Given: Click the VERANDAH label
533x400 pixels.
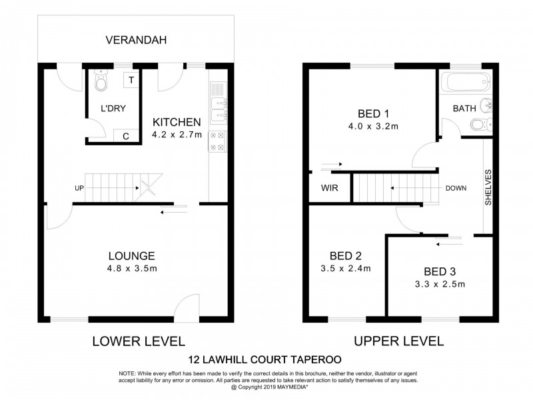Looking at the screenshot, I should [136, 41].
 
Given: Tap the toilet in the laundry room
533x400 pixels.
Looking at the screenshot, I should [101, 83].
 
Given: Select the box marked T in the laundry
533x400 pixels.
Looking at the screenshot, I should [131, 80].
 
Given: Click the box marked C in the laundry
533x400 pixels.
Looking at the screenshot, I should [125, 137].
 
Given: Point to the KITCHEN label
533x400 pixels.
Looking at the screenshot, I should [177, 122].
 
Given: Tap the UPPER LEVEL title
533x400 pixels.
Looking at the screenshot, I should [398, 341].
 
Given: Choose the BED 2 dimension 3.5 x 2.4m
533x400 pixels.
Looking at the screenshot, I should [345, 269].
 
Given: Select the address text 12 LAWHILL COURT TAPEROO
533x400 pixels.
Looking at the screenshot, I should [266, 361].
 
